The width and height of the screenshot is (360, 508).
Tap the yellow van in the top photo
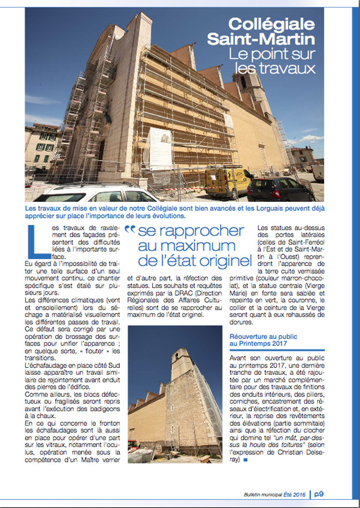pyautogui.click(x=226, y=180)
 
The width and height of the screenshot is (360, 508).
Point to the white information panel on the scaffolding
pyautogui.click(x=159, y=144)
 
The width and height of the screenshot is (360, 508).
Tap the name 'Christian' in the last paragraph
pyautogui.click(x=303, y=451)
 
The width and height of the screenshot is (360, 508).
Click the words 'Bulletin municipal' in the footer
pyautogui.click(x=260, y=494)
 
